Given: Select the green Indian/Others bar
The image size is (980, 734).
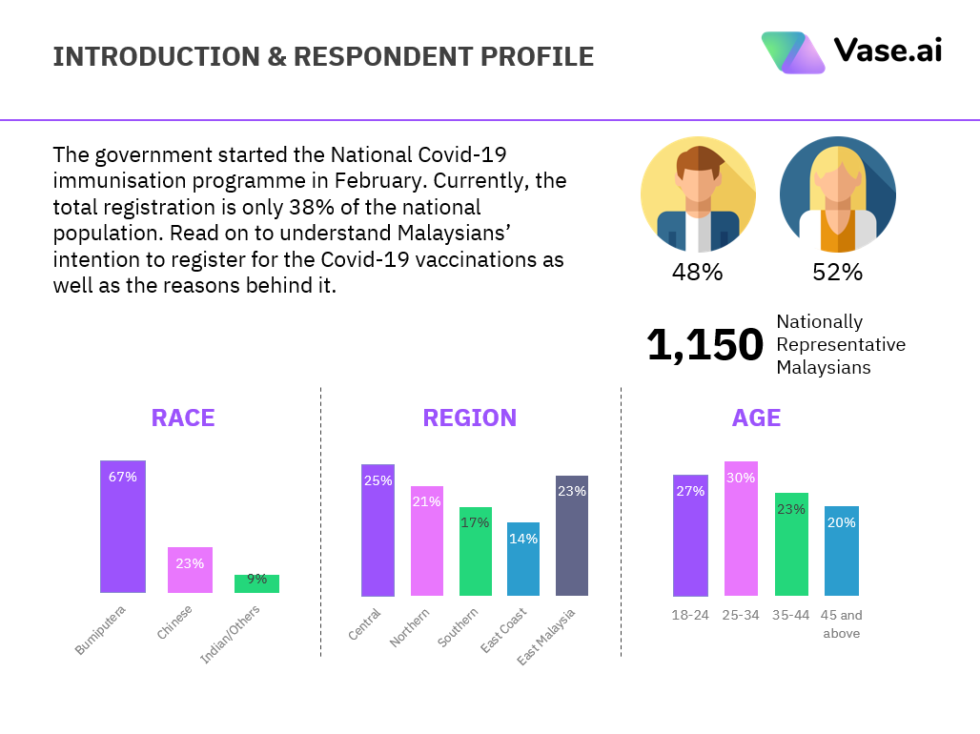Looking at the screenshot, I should point(256,584).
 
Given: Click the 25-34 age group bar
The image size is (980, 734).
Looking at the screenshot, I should point(741,529).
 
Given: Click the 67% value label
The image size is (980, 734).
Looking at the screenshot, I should point(123,477).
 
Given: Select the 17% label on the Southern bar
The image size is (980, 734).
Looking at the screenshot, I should point(475,522).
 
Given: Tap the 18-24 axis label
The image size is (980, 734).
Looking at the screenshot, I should point(690,615).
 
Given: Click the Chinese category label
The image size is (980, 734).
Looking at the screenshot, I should point(175,622).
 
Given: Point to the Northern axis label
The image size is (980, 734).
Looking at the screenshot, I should point(410,627).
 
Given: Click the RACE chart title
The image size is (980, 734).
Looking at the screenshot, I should point(183,418).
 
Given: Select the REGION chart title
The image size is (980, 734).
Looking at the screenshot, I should point(470,418).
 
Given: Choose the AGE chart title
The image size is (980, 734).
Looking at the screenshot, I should point(756,418).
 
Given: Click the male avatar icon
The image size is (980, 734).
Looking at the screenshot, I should point(698,194).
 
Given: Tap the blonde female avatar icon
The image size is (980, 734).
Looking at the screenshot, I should point(837,194).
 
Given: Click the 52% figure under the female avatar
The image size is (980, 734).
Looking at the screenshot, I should point(837,273).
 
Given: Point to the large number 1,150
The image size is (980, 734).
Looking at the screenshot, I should point(705,345).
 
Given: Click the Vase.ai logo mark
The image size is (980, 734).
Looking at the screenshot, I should point(792,52).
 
